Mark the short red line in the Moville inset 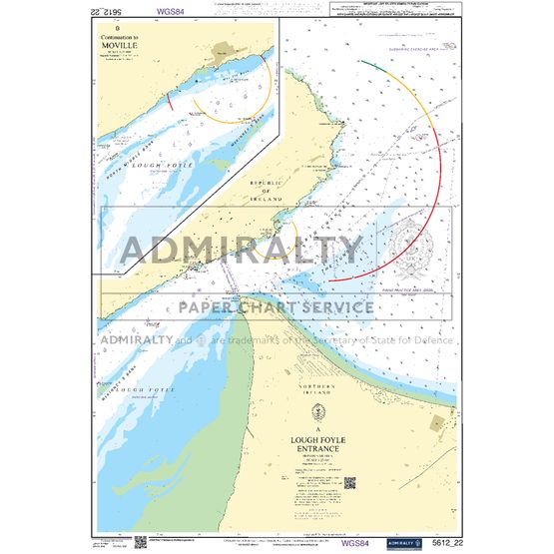171,100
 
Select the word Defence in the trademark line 430,339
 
